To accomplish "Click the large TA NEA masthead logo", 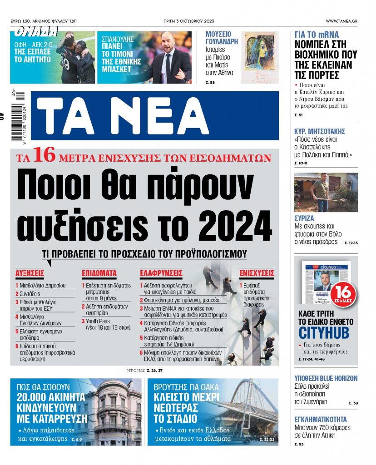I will [x=157, y=116].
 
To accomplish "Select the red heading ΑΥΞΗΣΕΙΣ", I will [x=30, y=273].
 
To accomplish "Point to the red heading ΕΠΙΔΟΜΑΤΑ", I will [x=99, y=273].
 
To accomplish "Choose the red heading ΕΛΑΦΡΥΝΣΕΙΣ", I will [x=161, y=273].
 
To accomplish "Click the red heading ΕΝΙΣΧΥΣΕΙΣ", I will [x=257, y=273].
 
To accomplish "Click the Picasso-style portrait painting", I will [x=260, y=51].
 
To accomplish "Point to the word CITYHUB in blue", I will [x=323, y=332].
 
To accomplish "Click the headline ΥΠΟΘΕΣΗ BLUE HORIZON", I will [x=326, y=378].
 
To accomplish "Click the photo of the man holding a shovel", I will [x=326, y=192].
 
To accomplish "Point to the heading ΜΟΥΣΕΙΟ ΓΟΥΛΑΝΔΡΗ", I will [x=218, y=38].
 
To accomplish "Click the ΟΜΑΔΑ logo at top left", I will [x=36, y=31].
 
